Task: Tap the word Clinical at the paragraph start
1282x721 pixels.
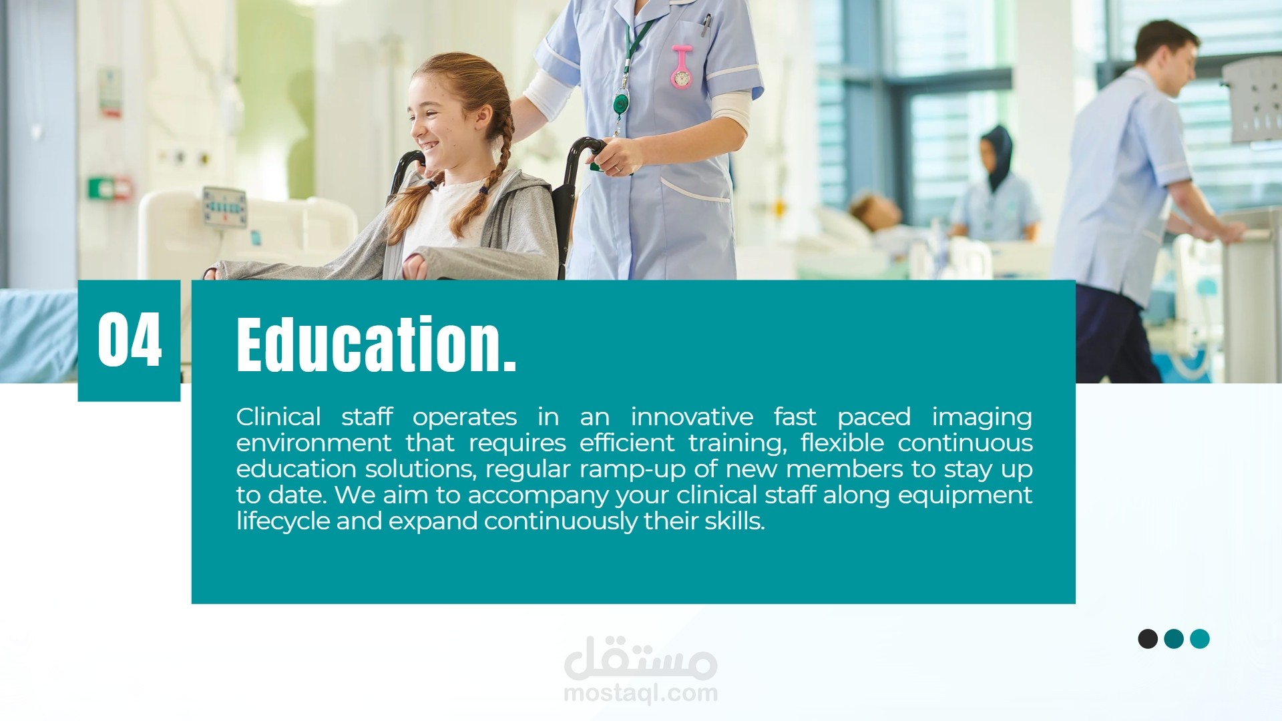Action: [x=278, y=417]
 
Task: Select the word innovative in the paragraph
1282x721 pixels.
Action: [x=692, y=417]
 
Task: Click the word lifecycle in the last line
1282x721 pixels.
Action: [x=283, y=522]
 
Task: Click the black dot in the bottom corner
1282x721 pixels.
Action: [x=1148, y=639]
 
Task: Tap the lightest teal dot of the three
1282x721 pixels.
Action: [x=1200, y=639]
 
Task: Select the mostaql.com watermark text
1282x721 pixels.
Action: [x=641, y=694]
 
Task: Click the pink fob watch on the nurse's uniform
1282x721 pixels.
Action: [x=682, y=67]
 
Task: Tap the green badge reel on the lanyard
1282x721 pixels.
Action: [x=621, y=104]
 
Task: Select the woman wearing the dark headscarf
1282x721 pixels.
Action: [x=994, y=184]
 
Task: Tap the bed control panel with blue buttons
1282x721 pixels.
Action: [x=225, y=206]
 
